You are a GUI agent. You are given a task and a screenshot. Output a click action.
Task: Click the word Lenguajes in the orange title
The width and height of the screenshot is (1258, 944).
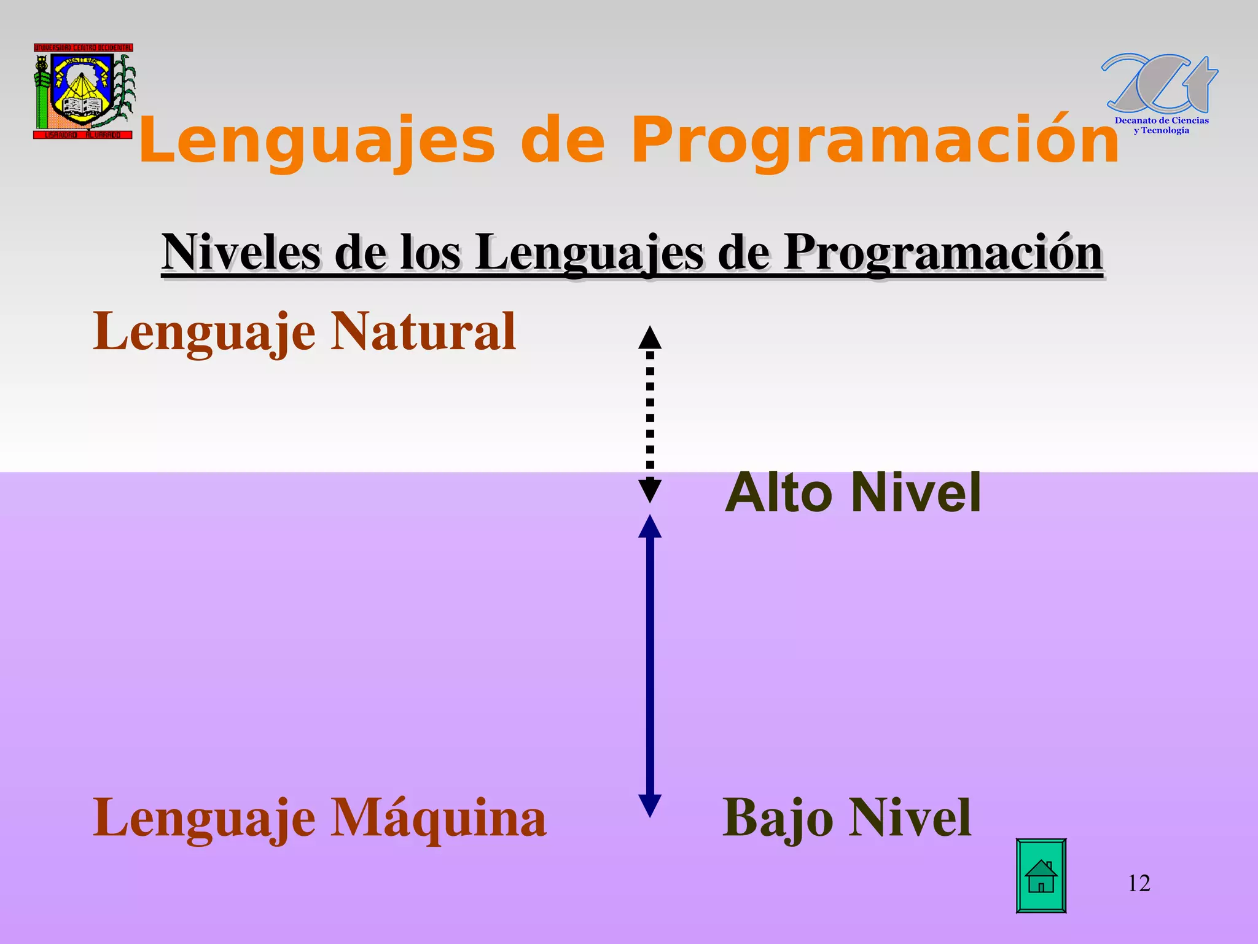[x=316, y=141]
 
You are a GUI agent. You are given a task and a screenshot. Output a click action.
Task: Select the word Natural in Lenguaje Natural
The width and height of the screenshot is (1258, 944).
[x=423, y=331]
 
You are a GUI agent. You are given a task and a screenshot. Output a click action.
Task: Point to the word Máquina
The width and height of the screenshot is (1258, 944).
[x=438, y=818]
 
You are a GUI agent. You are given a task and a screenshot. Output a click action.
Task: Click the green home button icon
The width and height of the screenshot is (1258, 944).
[x=1041, y=876]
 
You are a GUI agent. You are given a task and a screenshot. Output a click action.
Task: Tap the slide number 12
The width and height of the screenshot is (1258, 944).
[x=1139, y=883]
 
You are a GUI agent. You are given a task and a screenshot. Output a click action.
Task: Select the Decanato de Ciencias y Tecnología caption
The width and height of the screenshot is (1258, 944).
[x=1161, y=125]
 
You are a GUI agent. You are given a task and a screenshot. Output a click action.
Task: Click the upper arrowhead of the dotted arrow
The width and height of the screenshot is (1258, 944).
[x=650, y=337]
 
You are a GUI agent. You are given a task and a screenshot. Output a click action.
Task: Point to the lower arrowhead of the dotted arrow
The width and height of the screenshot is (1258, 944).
[x=650, y=490]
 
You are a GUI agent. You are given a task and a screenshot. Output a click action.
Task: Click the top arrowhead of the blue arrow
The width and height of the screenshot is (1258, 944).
[x=650, y=527]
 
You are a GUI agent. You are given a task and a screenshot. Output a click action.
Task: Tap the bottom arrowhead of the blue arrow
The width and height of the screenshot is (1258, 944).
[x=650, y=805]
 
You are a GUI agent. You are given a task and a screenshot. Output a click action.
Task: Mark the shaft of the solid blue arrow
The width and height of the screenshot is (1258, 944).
[x=650, y=664]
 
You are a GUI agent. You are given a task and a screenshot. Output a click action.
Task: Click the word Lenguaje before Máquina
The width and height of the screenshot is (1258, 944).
[x=204, y=818]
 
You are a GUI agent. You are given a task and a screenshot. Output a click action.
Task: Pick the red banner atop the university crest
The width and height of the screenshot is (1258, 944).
[x=84, y=47]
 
